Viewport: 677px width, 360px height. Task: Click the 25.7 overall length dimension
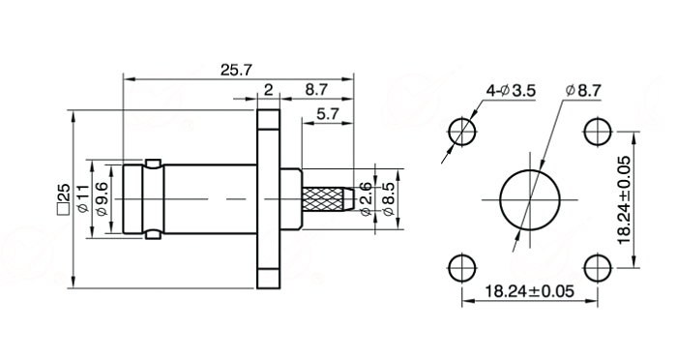pos(236,70)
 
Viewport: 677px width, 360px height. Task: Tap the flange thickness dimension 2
pos(269,90)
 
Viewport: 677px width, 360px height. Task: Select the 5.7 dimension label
pos(328,113)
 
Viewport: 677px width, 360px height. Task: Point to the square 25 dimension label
pos(63,199)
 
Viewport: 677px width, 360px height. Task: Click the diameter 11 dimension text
pos(82,198)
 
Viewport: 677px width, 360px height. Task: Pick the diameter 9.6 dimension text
pos(102,198)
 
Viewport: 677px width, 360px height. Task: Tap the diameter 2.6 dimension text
pos(366,198)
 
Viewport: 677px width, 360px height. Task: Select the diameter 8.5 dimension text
pos(388,198)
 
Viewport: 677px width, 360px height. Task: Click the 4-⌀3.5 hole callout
pos(511,91)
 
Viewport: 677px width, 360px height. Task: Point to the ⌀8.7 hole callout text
pos(583,90)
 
